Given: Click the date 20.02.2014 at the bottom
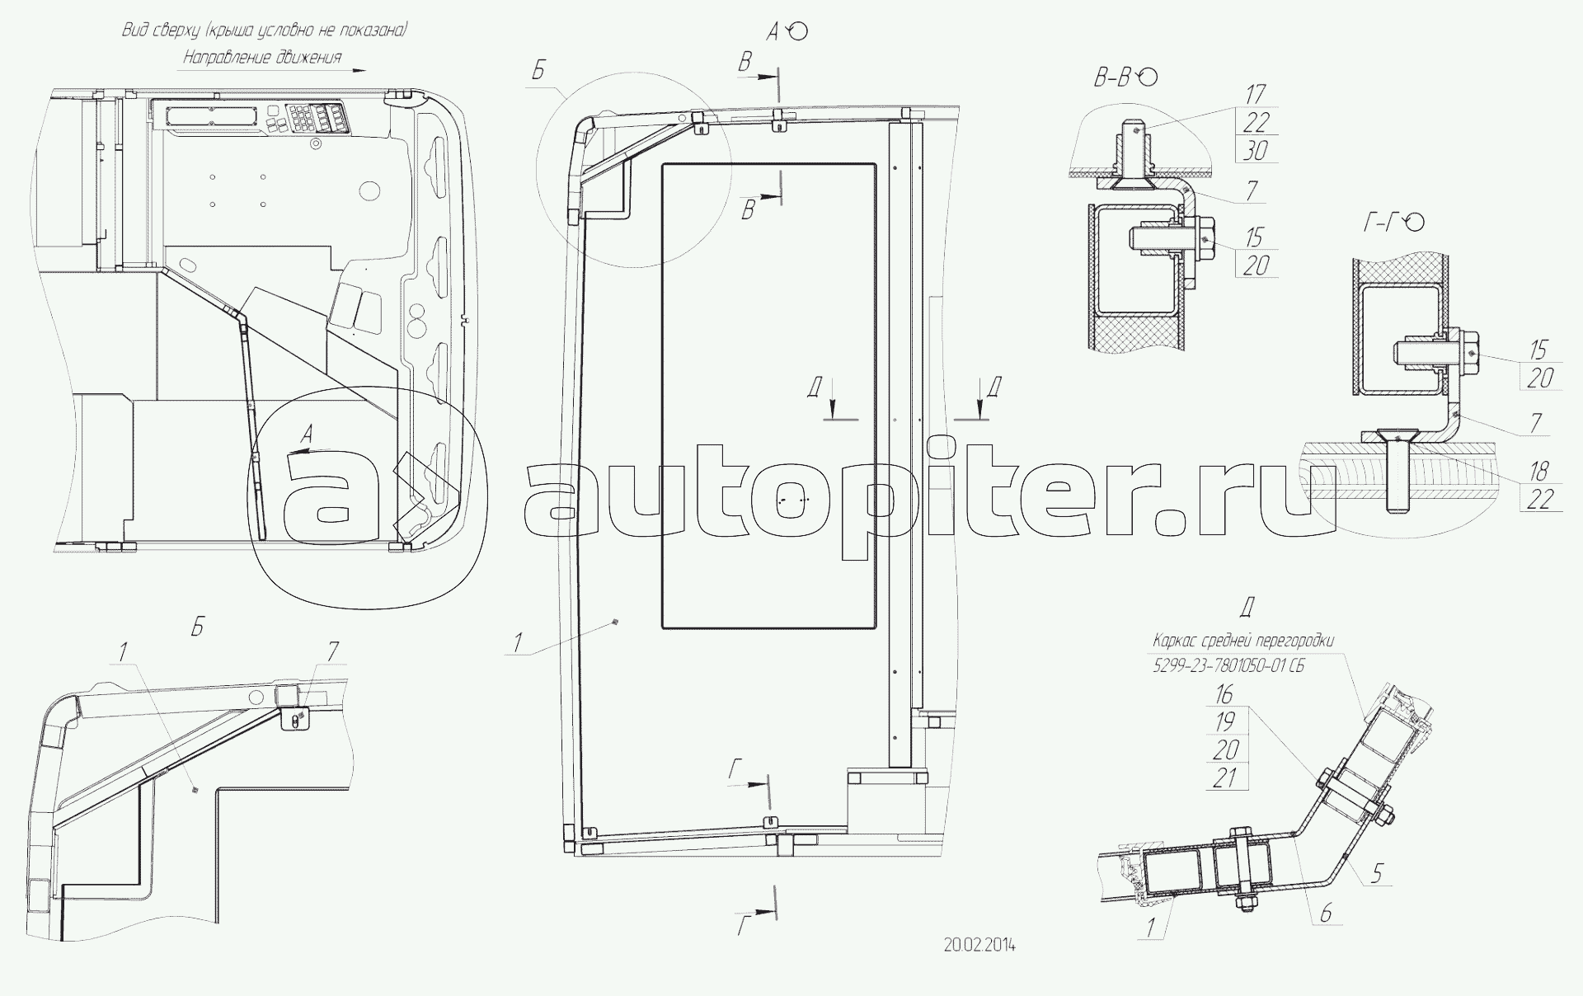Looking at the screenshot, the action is pos(979,945).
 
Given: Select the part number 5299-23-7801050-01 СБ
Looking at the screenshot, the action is pos(1228,665).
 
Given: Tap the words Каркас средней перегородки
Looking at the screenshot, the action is pos(1243,641).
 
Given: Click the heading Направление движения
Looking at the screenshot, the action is pos(262,58).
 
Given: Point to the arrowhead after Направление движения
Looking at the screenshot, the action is pos(359,71).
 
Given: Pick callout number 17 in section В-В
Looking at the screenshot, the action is pos(1255,94).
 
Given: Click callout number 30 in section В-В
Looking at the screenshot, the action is pos(1255,150).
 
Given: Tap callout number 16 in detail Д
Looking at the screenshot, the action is pos(1224,694).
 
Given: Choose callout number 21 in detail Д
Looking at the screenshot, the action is pos(1225,777).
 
